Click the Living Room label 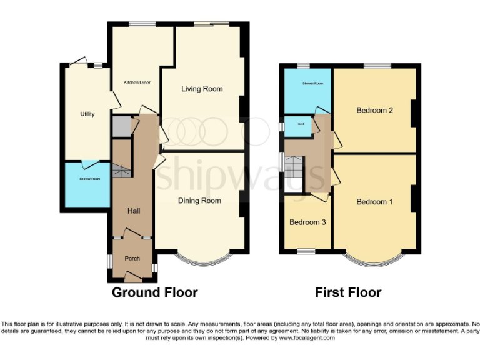click(x=202, y=89)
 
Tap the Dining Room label click(x=199, y=201)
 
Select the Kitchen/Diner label click(x=137, y=82)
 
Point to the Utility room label click(x=87, y=114)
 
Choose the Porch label click(x=132, y=259)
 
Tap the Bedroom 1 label click(x=374, y=202)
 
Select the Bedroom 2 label click(x=374, y=111)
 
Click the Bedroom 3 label click(x=307, y=222)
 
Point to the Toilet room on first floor click(x=292, y=124)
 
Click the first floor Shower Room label click(x=312, y=83)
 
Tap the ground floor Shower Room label click(x=89, y=179)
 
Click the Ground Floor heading click(x=154, y=292)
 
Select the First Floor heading click(x=347, y=292)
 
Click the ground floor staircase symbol click(x=122, y=170)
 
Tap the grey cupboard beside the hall click(x=121, y=127)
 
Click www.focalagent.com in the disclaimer click(x=306, y=337)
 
